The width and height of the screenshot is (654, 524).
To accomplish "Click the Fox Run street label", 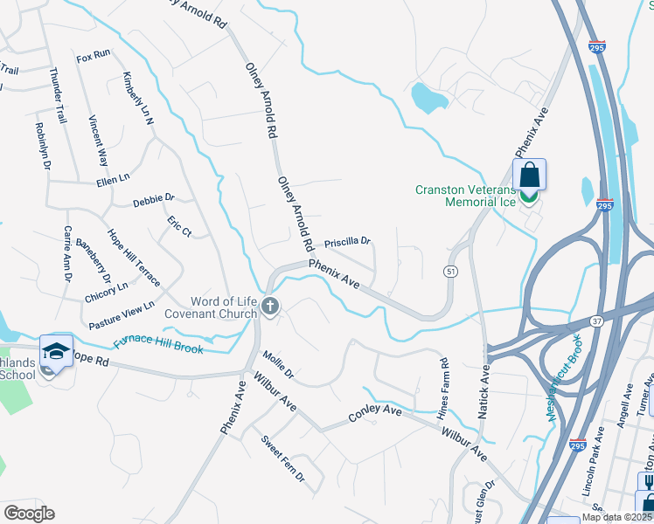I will point(94,56).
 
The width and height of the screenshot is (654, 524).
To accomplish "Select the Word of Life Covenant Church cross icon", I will point(270,306).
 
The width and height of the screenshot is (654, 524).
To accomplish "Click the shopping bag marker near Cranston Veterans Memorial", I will point(529,175).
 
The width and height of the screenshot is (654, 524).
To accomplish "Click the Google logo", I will point(28,513).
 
